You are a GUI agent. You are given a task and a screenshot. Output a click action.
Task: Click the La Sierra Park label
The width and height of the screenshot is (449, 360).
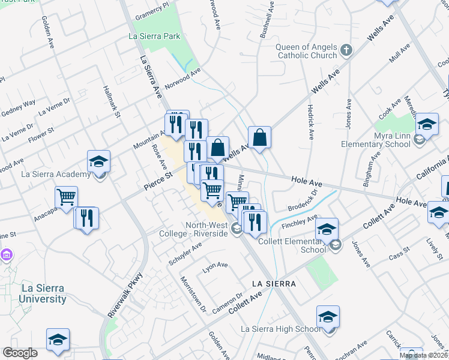[154, 37]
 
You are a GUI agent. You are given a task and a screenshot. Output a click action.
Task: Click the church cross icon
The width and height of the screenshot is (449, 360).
[346, 50]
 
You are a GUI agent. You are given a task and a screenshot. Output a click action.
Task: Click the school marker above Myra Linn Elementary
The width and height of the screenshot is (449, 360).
[427, 125]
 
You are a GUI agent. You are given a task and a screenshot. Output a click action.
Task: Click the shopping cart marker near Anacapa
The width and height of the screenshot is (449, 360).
[66, 197]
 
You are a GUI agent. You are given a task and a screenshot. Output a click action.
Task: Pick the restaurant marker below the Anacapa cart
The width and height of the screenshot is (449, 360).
[86, 217]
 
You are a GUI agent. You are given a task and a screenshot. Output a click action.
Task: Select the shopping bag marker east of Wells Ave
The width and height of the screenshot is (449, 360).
[259, 137]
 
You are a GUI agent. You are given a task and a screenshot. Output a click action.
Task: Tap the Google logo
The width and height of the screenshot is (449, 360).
[20, 353]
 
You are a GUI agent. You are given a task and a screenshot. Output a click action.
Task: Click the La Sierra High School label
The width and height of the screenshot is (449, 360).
[280, 329]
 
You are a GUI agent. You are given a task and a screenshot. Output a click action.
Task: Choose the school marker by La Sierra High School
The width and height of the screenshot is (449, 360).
[328, 317]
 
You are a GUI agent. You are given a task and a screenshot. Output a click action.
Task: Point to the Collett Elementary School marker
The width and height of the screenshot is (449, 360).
[327, 230]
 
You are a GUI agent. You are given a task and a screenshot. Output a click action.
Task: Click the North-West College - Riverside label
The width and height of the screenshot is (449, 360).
[198, 229]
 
